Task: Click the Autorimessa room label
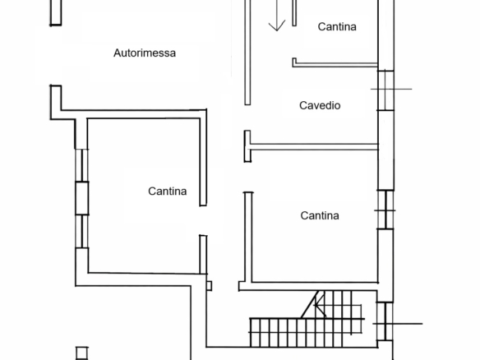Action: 145,53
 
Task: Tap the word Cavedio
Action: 320,105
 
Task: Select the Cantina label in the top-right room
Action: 337,26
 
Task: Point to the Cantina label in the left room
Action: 168,191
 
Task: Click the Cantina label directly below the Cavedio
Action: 320,215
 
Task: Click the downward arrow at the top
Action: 277,16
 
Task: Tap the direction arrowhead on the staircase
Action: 319,305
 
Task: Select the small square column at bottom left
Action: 81,353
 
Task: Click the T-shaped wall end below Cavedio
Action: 247,146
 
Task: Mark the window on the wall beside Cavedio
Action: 385,90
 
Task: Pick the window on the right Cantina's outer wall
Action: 385,210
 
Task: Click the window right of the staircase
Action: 385,321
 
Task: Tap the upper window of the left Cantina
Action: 82,165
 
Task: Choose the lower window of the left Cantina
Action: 82,232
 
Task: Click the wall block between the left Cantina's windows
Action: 82,198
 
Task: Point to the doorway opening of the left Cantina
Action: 203,220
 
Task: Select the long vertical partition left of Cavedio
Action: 247,53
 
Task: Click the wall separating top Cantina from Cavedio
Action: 335,64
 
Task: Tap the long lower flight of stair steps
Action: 307,333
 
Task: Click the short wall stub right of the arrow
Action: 294,13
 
